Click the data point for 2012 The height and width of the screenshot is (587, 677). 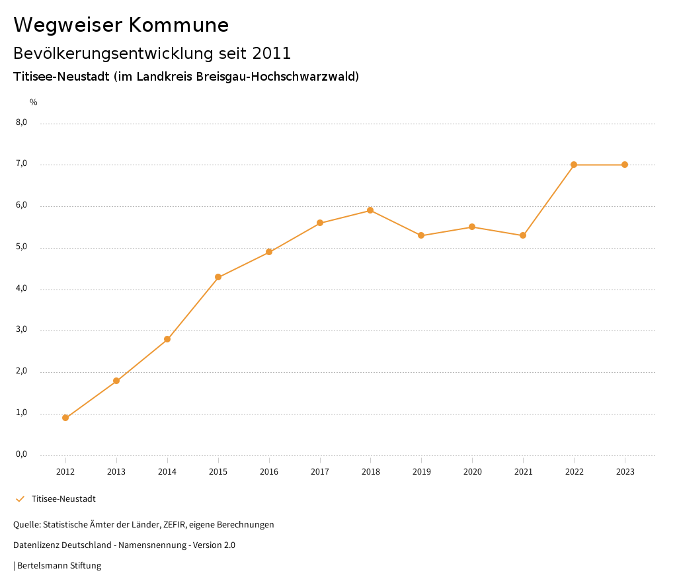click(65, 418)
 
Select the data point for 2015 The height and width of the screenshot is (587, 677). click(218, 277)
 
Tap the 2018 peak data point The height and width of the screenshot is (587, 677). click(370, 210)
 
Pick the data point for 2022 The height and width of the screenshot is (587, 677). click(574, 165)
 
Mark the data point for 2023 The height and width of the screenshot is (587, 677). click(625, 165)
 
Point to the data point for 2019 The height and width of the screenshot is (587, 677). click(421, 235)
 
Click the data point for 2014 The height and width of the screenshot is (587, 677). click(167, 339)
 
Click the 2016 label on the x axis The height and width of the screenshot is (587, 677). click(269, 472)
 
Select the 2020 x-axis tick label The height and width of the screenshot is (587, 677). click(472, 472)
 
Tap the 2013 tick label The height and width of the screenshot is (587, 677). click(116, 472)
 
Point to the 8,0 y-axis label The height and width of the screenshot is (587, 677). click(21, 122)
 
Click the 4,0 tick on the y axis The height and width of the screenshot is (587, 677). click(21, 288)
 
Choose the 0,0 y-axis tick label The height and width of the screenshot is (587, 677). click(21, 454)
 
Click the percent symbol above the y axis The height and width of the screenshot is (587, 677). click(34, 102)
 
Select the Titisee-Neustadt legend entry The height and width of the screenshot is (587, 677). click(63, 499)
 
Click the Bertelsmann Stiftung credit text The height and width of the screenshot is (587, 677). click(59, 566)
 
